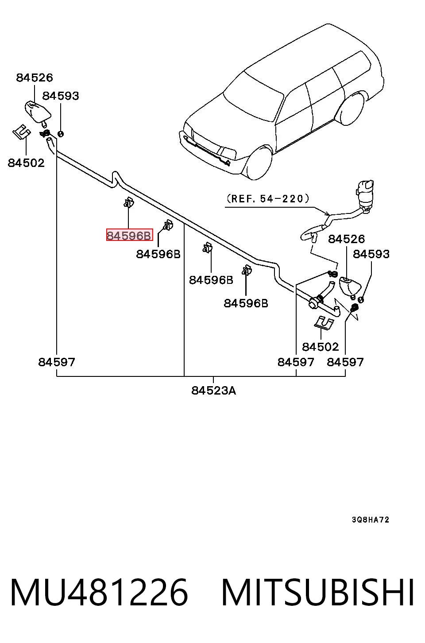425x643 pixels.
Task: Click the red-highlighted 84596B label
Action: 129,235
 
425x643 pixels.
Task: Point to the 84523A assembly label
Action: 213,391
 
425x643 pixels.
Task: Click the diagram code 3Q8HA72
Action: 371,519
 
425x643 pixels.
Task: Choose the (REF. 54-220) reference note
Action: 268,199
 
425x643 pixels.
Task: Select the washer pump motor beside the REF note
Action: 364,194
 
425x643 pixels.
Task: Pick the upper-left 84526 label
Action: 35,77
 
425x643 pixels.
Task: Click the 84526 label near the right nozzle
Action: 346,239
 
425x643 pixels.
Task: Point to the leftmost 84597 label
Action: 57,362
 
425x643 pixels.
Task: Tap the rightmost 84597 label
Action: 345,362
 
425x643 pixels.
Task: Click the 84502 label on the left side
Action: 26,163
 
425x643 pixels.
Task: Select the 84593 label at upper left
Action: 61,96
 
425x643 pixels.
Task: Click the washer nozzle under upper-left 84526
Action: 38,112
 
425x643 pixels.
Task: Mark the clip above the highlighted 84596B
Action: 128,202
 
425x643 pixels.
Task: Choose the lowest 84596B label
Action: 246,303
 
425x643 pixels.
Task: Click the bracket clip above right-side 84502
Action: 324,323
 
